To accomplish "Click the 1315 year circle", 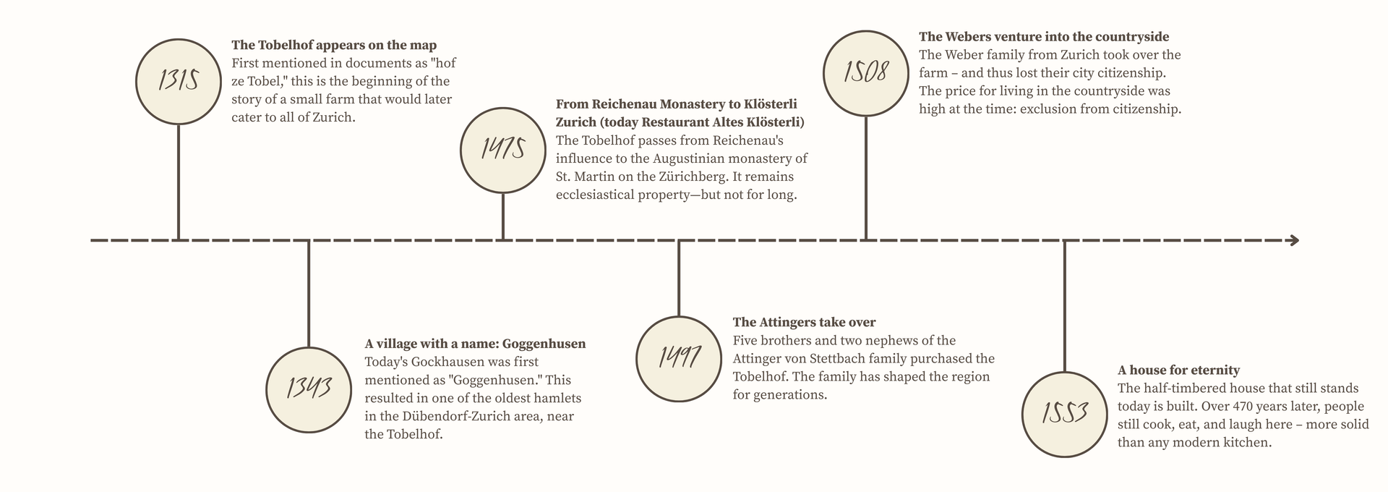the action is tap(179, 80).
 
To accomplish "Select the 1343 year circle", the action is tap(309, 389).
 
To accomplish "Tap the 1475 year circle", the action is tap(503, 149).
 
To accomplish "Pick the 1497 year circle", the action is tap(679, 359).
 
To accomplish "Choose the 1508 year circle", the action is tap(866, 73).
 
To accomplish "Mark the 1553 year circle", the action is tap(1065, 414).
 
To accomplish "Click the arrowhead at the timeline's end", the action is tap(1294, 239).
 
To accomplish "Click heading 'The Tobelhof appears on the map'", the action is tap(334, 46).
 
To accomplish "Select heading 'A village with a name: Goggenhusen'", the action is tap(475, 344).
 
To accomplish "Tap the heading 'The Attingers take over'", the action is tap(804, 322).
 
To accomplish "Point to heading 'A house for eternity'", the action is tap(1178, 370).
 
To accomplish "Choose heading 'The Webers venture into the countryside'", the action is tap(1044, 37).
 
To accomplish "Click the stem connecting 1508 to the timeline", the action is tap(866, 178).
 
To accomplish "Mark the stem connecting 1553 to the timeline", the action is tap(1065, 305).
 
